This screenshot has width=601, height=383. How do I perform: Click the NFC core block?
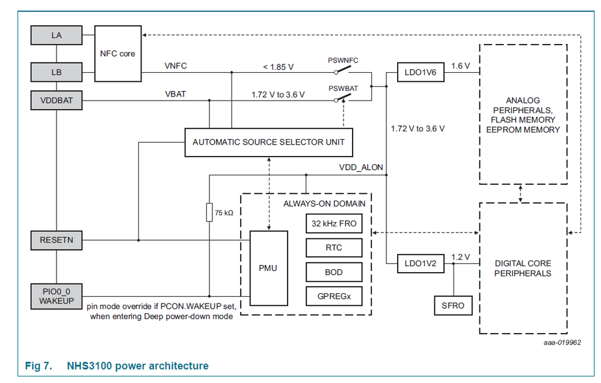click(x=118, y=54)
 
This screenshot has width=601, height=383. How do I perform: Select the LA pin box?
click(x=56, y=36)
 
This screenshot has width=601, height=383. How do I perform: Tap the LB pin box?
click(x=56, y=72)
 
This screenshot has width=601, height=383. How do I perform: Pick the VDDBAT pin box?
click(x=56, y=101)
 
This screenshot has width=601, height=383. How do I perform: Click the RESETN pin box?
click(x=56, y=240)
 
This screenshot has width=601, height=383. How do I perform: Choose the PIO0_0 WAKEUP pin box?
click(x=56, y=294)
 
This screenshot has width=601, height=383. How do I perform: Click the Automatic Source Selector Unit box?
click(x=268, y=142)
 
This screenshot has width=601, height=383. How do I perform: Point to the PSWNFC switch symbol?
click(x=343, y=70)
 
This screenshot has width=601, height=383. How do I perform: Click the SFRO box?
click(x=453, y=305)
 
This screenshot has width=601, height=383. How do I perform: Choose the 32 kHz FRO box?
click(x=334, y=224)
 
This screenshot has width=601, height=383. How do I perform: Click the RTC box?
click(x=334, y=248)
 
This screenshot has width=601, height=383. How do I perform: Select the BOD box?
click(x=334, y=272)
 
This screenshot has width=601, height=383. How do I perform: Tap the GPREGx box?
click(x=334, y=296)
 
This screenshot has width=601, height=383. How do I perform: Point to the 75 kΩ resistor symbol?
click(x=209, y=213)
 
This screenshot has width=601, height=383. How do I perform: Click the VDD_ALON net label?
click(x=361, y=167)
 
